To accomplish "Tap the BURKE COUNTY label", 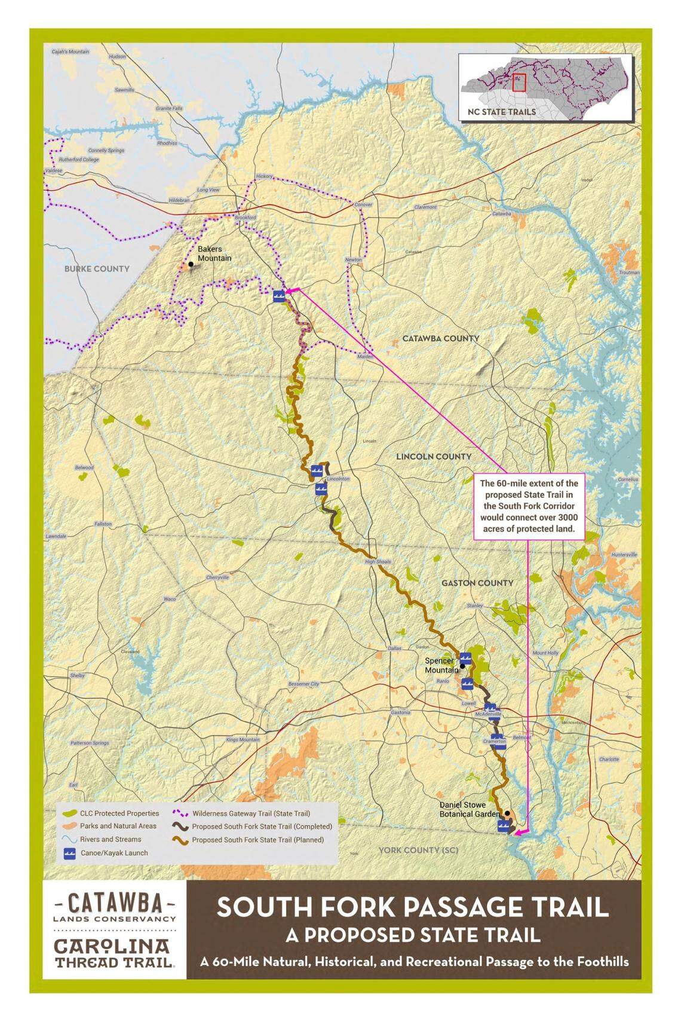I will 97,269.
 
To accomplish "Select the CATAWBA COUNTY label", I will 440,338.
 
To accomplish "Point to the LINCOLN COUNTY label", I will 433,456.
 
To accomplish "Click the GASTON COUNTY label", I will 477,583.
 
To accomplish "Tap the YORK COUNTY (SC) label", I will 418,850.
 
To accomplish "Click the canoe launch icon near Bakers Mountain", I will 278,296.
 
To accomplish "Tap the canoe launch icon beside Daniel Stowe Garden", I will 504,826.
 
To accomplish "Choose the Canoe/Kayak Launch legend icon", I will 69,853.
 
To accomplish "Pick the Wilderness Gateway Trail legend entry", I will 250,813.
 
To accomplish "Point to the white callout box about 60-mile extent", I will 529,506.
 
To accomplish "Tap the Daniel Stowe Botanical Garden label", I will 469,809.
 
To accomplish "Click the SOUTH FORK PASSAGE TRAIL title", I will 412,907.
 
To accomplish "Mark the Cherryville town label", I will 217,577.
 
